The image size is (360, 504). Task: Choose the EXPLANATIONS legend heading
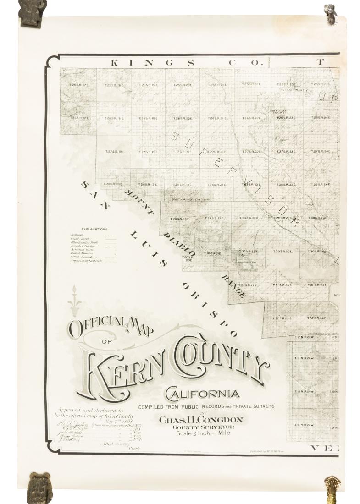(x=94, y=229)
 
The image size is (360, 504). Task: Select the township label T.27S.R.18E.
(x=114, y=152)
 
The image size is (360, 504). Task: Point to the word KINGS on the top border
(x=129, y=62)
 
